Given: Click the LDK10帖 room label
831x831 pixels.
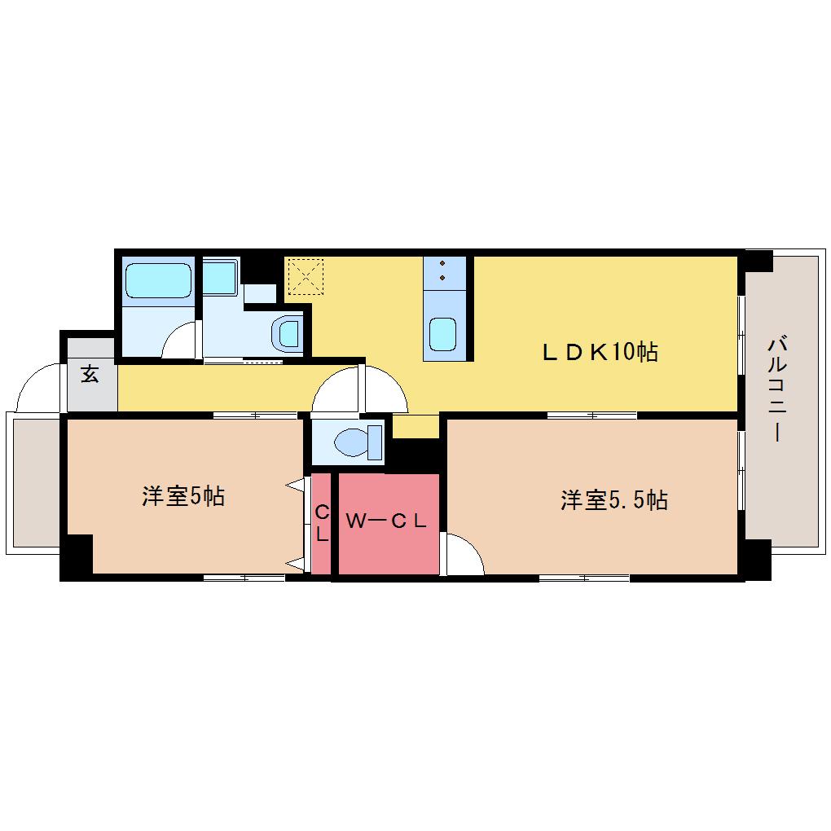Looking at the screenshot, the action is [600, 352].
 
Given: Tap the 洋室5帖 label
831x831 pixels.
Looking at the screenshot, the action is [183, 497].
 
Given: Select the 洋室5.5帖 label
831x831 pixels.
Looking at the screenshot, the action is [614, 500].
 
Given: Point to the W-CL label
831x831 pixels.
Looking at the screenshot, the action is [386, 521].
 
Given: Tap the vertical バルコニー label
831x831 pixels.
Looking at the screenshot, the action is [777, 389].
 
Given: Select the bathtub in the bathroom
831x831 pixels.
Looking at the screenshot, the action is [158, 281].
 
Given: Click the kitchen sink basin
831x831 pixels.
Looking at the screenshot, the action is [442, 334].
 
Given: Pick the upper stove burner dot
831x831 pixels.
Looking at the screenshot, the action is [442, 263].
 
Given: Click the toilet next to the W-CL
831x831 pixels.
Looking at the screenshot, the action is [356, 442].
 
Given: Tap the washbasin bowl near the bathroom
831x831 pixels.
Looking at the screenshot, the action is [286, 333].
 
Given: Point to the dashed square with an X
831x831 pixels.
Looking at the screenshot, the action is [306, 276].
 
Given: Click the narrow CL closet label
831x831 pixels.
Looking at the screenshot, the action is [322, 523].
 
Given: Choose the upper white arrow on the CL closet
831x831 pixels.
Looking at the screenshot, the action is [295, 485].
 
